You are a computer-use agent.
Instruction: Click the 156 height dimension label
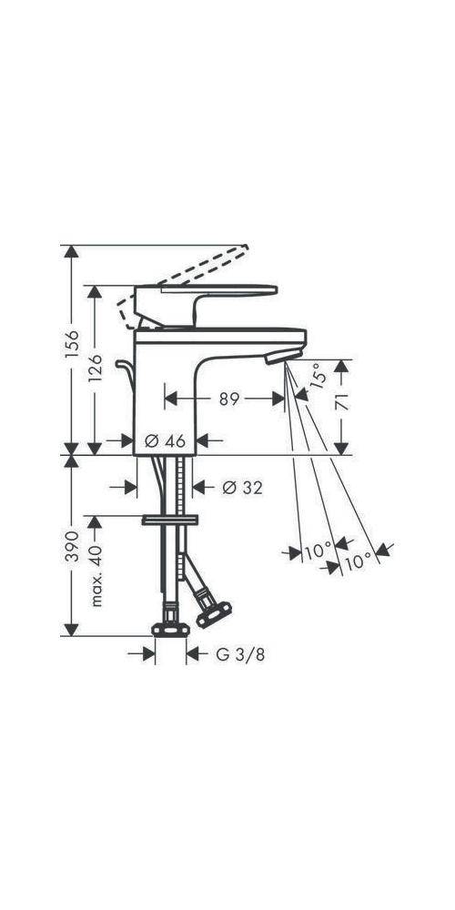coord(71,344)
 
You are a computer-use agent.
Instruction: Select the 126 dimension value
coord(96,369)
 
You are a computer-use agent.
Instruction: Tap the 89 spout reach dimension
coord(230,399)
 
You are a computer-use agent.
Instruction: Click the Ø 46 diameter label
coord(165,441)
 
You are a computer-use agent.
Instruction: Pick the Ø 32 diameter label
coord(242,488)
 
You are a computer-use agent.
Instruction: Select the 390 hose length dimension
coord(71,545)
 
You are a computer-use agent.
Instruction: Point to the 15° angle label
coord(318,376)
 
